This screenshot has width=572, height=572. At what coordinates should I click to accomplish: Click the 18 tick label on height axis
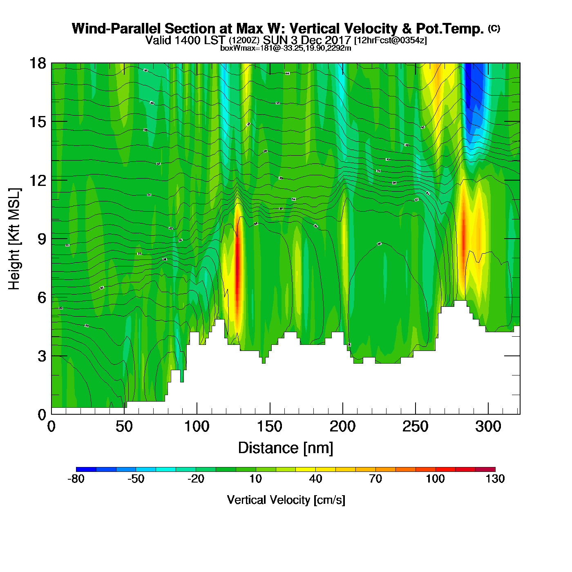coord(37,63)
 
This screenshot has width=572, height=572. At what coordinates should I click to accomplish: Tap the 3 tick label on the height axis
coord(42,356)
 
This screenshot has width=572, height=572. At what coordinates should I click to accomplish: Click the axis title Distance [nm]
coord(286,448)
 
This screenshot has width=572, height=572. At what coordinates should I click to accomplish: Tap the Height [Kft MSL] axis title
coord(14,239)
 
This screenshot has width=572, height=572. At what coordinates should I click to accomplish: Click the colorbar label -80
coord(76,479)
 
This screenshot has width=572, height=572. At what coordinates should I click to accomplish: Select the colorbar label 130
coord(495,479)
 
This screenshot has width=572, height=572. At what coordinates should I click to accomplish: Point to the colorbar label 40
coord(315,479)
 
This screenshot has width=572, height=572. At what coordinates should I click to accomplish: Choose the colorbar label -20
coord(196,479)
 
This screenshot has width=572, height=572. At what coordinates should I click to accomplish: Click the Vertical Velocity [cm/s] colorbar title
coord(286,500)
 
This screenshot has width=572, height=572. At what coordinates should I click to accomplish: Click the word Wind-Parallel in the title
coord(117,29)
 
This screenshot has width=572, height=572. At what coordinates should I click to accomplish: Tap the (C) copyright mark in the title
coord(494,28)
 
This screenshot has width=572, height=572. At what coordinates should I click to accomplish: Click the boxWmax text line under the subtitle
coord(286,48)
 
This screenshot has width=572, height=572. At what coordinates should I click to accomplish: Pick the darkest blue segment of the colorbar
coord(86,469)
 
